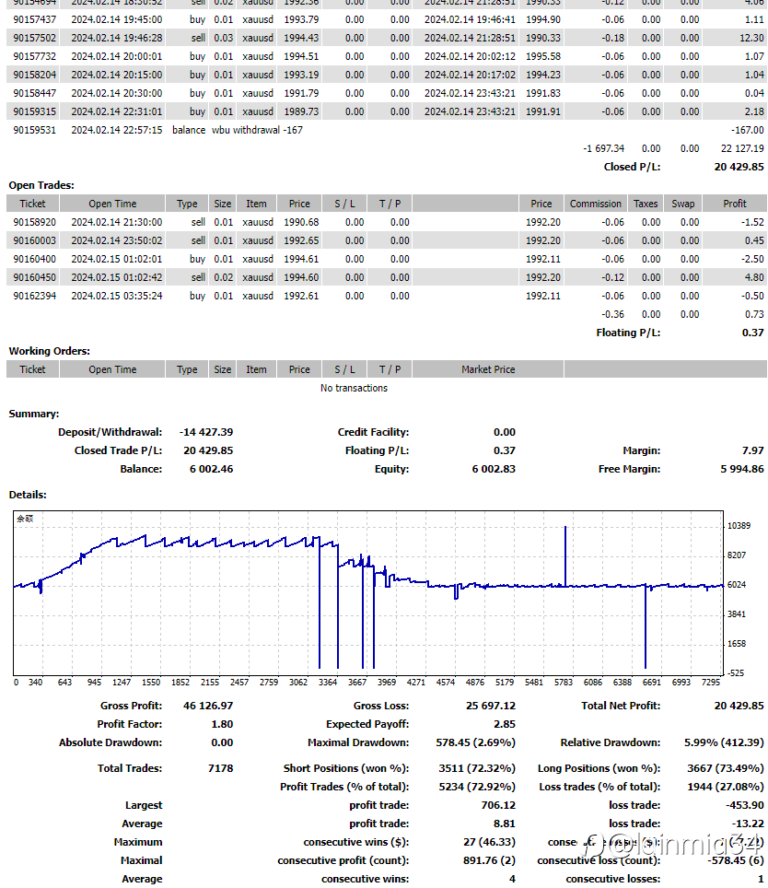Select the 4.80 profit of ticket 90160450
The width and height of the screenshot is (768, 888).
point(753,277)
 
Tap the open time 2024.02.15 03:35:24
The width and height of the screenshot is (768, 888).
point(116,296)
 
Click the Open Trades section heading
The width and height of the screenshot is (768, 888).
point(41,185)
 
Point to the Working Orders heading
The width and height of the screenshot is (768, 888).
point(50,351)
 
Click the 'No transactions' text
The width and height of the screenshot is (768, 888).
point(354,388)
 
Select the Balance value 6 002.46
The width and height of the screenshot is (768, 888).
point(211,469)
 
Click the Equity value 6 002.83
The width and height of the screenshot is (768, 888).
point(494,469)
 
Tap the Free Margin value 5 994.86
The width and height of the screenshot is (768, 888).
point(741,469)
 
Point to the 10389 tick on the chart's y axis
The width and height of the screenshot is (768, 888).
point(739,525)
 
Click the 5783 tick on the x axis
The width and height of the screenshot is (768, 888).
point(563,683)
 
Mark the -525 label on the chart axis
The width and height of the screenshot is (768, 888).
point(736,673)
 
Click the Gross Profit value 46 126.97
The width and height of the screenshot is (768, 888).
point(208,706)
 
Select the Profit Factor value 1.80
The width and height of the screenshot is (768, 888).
point(222,724)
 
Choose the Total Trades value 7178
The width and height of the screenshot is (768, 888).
point(221,768)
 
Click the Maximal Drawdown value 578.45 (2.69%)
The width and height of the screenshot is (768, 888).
point(475,742)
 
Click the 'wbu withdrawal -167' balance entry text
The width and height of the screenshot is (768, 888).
point(257,130)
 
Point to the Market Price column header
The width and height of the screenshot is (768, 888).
point(488,369)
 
